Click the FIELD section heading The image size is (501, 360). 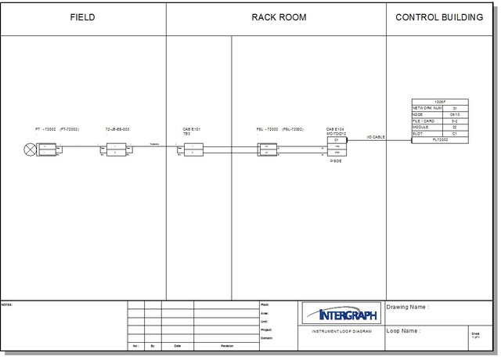(83, 17)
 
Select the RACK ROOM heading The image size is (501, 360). (278, 17)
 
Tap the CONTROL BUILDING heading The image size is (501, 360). (440, 17)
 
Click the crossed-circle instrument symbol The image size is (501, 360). (31, 149)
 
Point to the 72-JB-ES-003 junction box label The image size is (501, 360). (117, 128)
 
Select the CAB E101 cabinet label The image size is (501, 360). (192, 128)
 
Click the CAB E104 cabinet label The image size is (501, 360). (335, 128)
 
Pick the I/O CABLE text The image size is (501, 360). (377, 137)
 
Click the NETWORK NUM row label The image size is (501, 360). (427, 108)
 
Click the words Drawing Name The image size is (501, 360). (408, 308)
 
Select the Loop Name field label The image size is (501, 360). (404, 331)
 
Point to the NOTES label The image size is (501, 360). (7, 304)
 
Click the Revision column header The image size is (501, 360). (227, 345)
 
